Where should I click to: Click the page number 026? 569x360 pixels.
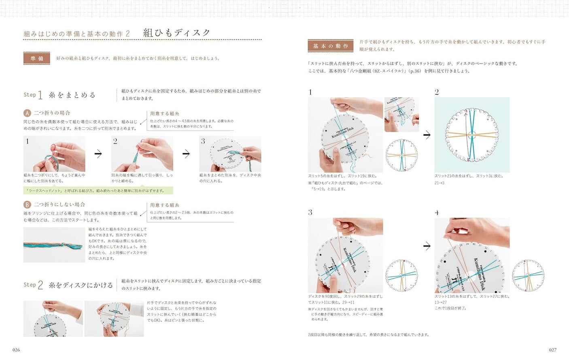coord(16,350)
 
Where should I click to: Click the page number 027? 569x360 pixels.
coord(552,350)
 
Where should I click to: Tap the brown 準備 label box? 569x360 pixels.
coord(37,58)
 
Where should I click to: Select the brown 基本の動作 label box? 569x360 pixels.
coord(330,46)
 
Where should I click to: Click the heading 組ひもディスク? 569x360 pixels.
coord(177,33)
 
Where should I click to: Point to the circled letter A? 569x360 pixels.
coord(27,113)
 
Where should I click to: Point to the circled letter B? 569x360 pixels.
coord(27,204)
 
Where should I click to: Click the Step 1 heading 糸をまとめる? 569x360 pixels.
coord(72,95)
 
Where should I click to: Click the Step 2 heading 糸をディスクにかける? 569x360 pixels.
coord(81,285)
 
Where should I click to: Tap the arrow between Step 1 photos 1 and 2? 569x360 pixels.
coord(98,153)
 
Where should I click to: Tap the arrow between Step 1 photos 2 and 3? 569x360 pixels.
coord(186,153)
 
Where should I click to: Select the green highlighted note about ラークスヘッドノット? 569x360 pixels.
coord(98,190)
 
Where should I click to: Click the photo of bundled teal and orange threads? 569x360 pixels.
coord(54,245)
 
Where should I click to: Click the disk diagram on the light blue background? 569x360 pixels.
coord(472,135)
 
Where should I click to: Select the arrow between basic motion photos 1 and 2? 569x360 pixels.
coord(427,135)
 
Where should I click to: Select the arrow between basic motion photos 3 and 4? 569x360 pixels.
coord(427,246)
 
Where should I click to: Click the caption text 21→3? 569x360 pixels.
coord(439,183)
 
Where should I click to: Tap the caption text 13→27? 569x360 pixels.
coord(441,302)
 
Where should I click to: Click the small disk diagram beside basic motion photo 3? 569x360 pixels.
coord(401,276)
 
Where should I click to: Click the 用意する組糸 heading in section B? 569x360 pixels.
coord(164,205)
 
